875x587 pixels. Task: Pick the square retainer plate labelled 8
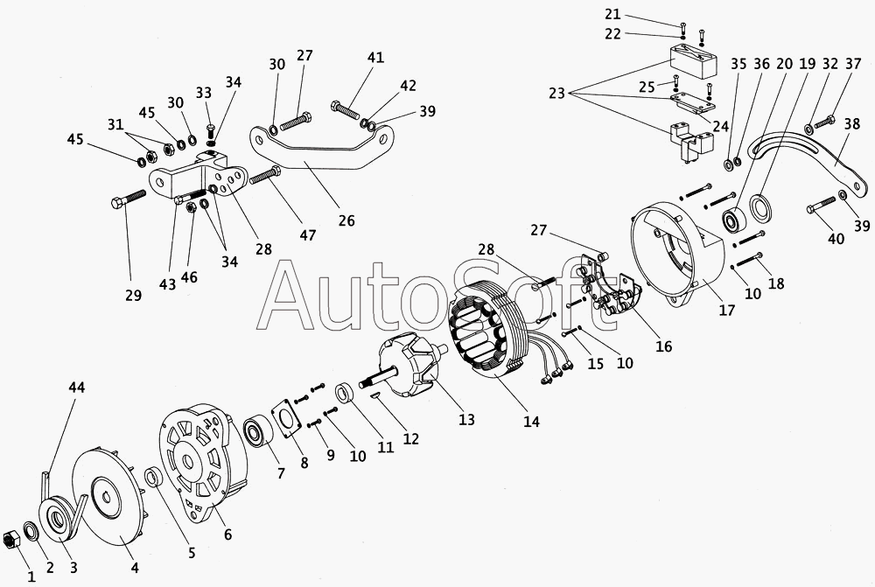point(286,417)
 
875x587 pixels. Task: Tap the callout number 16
point(662,346)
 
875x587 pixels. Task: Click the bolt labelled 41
point(348,111)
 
